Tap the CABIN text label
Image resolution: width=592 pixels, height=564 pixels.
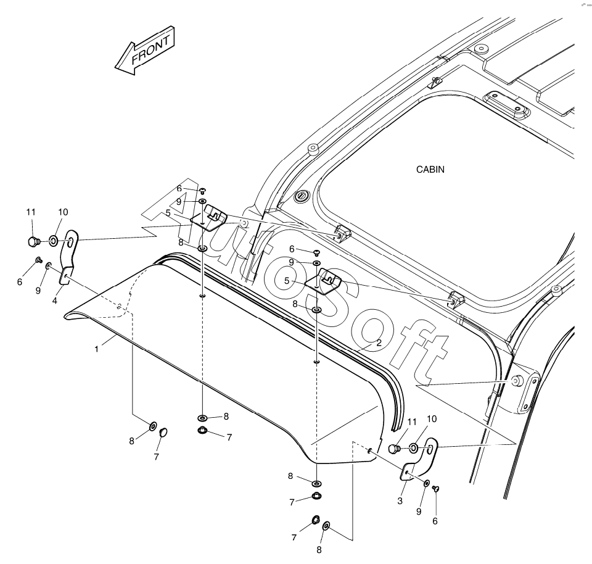pos(430,168)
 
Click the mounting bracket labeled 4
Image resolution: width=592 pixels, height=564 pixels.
pos(70,257)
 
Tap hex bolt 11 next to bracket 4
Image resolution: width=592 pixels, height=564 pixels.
pos(35,240)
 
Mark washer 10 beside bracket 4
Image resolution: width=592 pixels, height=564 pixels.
pos(54,239)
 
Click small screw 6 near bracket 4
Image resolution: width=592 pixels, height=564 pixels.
pos(38,260)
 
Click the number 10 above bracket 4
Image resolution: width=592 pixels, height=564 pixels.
pos(63,212)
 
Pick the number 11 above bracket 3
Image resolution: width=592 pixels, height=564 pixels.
pos(412,421)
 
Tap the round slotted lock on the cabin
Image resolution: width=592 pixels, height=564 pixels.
pos(302,196)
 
